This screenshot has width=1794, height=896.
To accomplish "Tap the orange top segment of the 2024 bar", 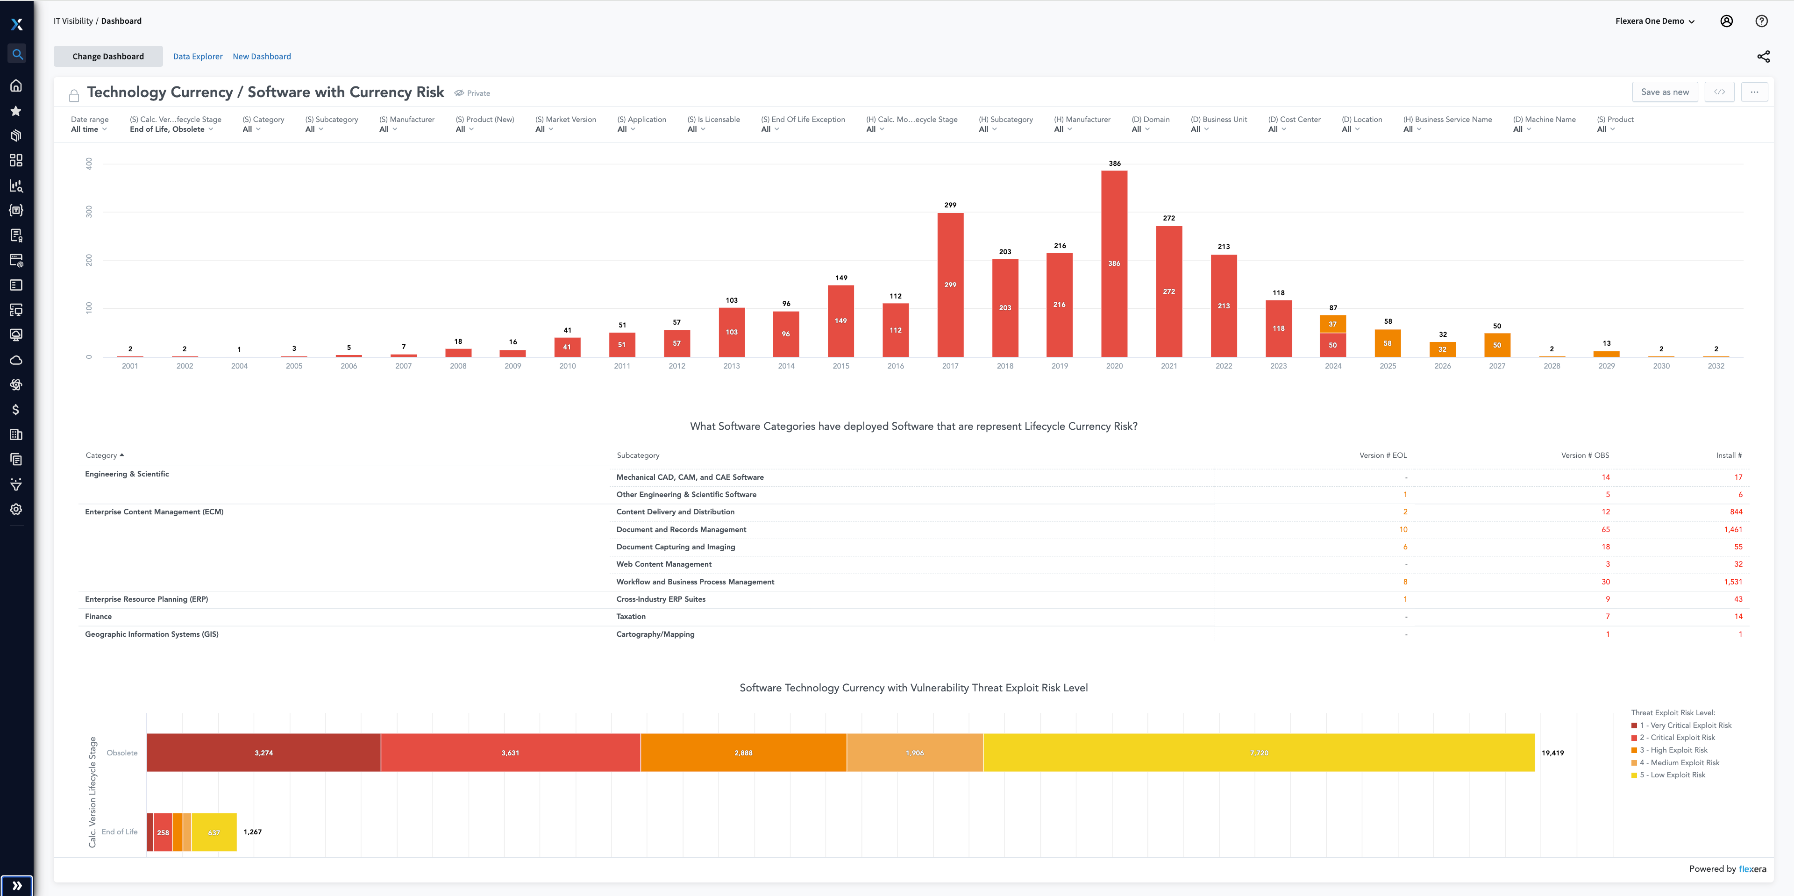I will click(x=1332, y=324).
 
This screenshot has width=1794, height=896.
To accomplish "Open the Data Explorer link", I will click(x=198, y=57).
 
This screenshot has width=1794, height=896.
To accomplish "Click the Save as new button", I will click(x=1665, y=92).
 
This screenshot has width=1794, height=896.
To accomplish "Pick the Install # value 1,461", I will click(x=1733, y=530).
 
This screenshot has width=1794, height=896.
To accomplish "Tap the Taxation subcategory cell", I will click(x=631, y=617).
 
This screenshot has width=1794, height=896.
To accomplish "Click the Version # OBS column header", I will click(x=1584, y=455).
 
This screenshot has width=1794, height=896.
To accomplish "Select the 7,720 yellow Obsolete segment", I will click(x=1259, y=753).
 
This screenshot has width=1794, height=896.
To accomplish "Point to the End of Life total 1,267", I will click(x=253, y=832).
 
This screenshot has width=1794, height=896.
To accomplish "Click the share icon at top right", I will click(x=1763, y=57).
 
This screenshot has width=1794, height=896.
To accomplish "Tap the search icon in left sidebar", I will click(x=17, y=54).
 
